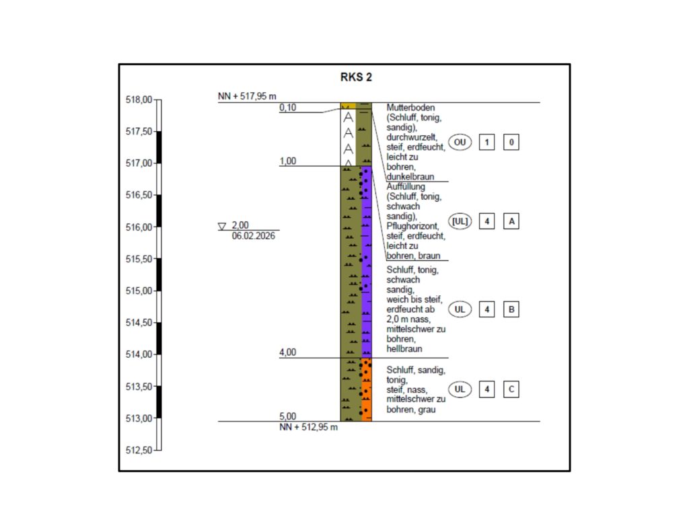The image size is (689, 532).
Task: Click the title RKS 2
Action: pyautogui.click(x=356, y=77)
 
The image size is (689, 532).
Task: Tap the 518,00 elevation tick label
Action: pyautogui.click(x=139, y=100)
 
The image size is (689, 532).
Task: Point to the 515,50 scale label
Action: pyautogui.click(x=139, y=259)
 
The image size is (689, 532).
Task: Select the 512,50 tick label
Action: pyautogui.click(x=139, y=450)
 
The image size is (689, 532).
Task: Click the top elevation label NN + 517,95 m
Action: pyautogui.click(x=247, y=97)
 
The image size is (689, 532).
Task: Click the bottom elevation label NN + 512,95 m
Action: pyautogui.click(x=309, y=427)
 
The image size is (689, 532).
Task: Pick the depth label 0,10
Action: pyautogui.click(x=288, y=107)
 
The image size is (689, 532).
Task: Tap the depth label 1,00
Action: pyautogui.click(x=288, y=161)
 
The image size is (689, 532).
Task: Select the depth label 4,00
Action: pyautogui.click(x=288, y=352)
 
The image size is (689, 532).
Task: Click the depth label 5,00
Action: pyautogui.click(x=288, y=416)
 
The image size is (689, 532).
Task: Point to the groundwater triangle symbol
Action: pyautogui.click(x=222, y=227)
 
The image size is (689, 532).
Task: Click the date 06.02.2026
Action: pyautogui.click(x=254, y=235)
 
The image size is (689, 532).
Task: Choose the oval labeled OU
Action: pyautogui.click(x=460, y=143)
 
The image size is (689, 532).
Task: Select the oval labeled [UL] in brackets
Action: pyautogui.click(x=460, y=221)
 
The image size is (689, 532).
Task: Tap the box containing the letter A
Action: pyautogui.click(x=511, y=221)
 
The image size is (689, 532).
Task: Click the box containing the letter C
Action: pyautogui.click(x=511, y=389)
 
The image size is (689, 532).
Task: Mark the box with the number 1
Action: pyautogui.click(x=487, y=143)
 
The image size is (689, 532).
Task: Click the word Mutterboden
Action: pyautogui.click(x=410, y=108)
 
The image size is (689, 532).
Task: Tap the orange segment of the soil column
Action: pyautogui.click(x=367, y=389)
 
